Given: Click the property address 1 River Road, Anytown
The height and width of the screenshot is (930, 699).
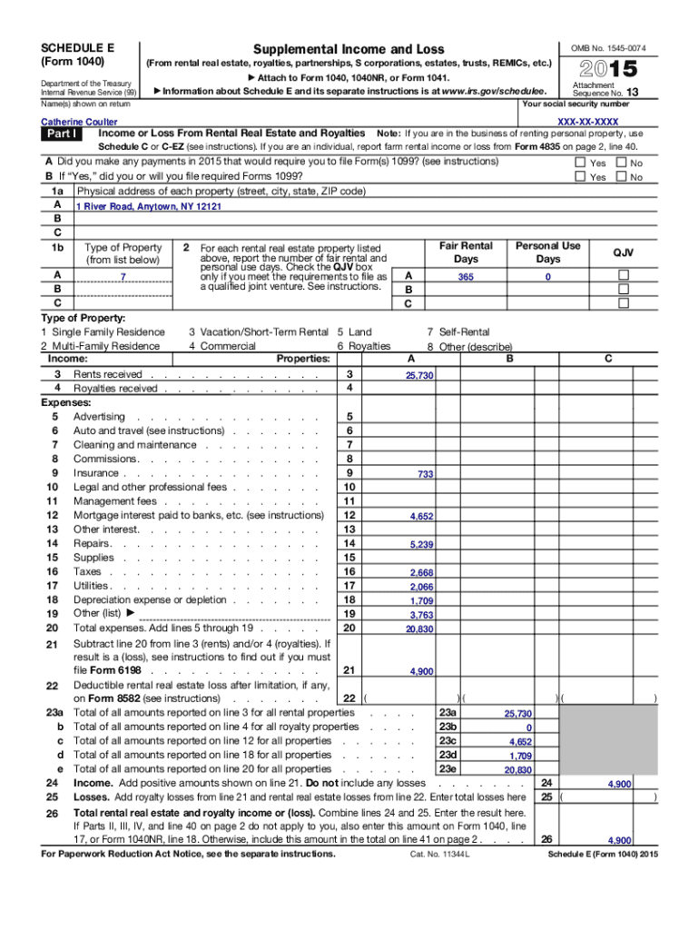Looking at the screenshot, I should point(148,207).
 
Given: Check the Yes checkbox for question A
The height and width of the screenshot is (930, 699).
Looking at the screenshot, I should point(580,163).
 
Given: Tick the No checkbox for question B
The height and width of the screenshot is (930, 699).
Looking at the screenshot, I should point(621,177).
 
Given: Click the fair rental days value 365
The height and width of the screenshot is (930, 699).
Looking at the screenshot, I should point(466,277).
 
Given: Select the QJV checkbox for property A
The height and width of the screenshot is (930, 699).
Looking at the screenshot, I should point(623,276).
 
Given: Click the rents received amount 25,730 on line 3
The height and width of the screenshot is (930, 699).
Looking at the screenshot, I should point(419,376).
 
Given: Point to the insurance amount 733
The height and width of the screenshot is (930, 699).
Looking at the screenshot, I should point(425,475).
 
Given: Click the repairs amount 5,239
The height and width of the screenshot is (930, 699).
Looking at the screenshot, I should point(421,545).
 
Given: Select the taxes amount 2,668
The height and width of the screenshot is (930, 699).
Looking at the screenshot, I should point(421,573).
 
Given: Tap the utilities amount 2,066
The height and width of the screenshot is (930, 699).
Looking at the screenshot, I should point(421,588).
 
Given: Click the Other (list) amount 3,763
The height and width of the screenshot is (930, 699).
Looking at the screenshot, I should point(421,616).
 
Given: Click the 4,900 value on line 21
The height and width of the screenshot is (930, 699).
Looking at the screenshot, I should point(421,672).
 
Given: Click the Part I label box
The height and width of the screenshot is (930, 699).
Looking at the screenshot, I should point(64,134).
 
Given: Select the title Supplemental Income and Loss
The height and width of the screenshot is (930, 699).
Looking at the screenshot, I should point(349,48).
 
